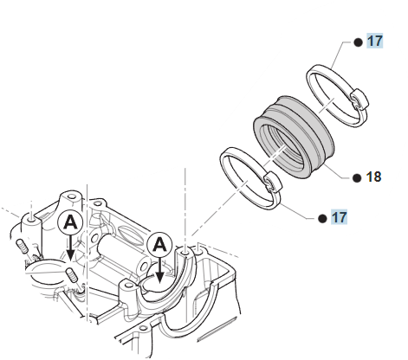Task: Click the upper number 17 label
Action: click(374, 41)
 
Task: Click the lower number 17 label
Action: click(340, 217)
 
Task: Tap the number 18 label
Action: click(373, 177)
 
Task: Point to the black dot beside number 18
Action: click(357, 178)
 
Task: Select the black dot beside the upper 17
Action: click(358, 42)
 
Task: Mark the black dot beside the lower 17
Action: click(322, 219)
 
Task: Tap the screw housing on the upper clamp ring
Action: click(359, 100)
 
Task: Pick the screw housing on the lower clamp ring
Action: click(272, 183)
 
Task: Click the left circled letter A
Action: click(70, 223)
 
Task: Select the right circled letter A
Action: click(159, 245)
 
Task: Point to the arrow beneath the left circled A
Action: click(70, 247)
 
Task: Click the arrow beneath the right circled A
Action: click(159, 270)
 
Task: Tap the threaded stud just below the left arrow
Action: click(72, 275)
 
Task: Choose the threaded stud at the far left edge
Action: click(22, 246)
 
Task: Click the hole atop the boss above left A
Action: click(71, 197)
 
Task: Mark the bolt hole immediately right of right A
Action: click(185, 253)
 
